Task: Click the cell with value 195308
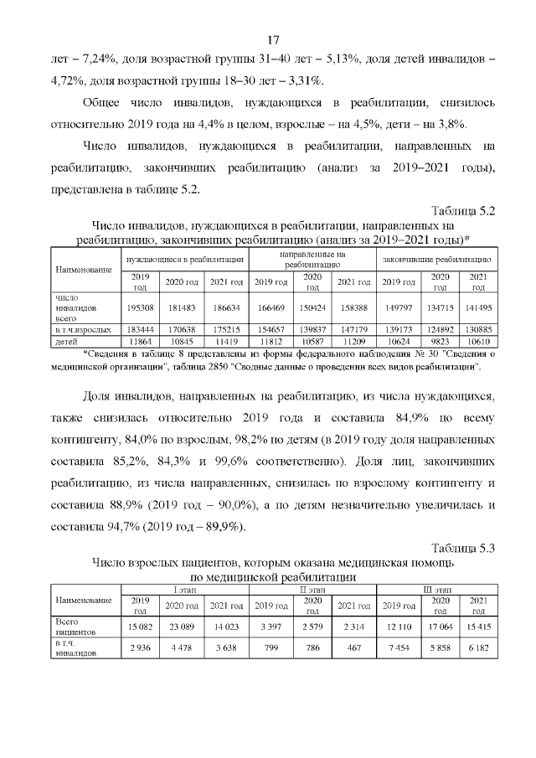[141, 307]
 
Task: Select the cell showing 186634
[225, 307]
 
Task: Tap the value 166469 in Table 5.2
[271, 307]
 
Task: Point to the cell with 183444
[141, 332]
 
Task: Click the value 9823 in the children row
[440, 342]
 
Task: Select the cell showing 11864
[141, 342]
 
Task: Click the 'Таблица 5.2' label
[463, 210]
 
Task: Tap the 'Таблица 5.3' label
[463, 549]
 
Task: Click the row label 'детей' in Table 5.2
[66, 342]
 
